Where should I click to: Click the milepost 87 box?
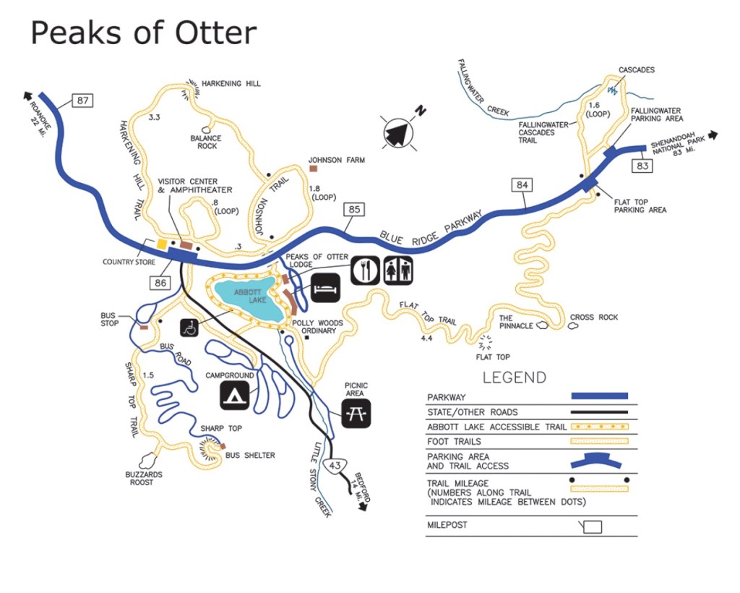(83, 100)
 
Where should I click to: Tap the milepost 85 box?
(353, 210)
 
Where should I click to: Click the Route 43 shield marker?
(334, 465)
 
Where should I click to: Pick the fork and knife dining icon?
(366, 270)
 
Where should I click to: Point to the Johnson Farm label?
(336, 160)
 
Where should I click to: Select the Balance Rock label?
(204, 142)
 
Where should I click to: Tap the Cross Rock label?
(594, 317)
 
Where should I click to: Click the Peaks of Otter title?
(143, 33)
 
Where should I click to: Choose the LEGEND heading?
(515, 377)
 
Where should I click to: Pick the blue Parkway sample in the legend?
(598, 396)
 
